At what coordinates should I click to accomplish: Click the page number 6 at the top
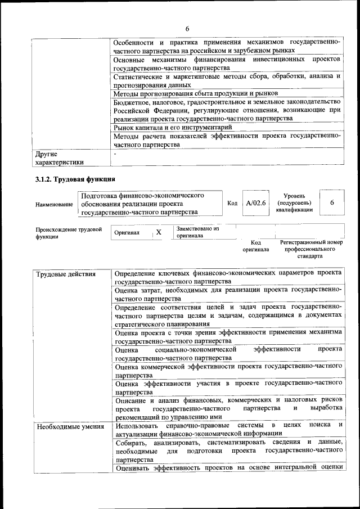click(x=187, y=29)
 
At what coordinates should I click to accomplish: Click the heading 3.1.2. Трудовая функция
click(x=75, y=179)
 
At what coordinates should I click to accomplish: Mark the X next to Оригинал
click(x=159, y=232)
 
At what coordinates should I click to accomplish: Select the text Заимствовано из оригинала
click(x=197, y=232)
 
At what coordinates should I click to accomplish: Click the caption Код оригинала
click(x=256, y=246)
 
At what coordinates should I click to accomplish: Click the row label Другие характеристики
click(x=59, y=157)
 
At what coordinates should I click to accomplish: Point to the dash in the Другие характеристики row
click(x=115, y=152)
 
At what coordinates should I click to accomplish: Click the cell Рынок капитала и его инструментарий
click(x=172, y=128)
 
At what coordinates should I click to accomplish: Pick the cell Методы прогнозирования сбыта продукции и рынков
click(x=196, y=93)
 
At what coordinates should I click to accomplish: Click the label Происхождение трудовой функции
click(x=69, y=233)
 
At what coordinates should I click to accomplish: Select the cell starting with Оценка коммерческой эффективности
click(x=228, y=370)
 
